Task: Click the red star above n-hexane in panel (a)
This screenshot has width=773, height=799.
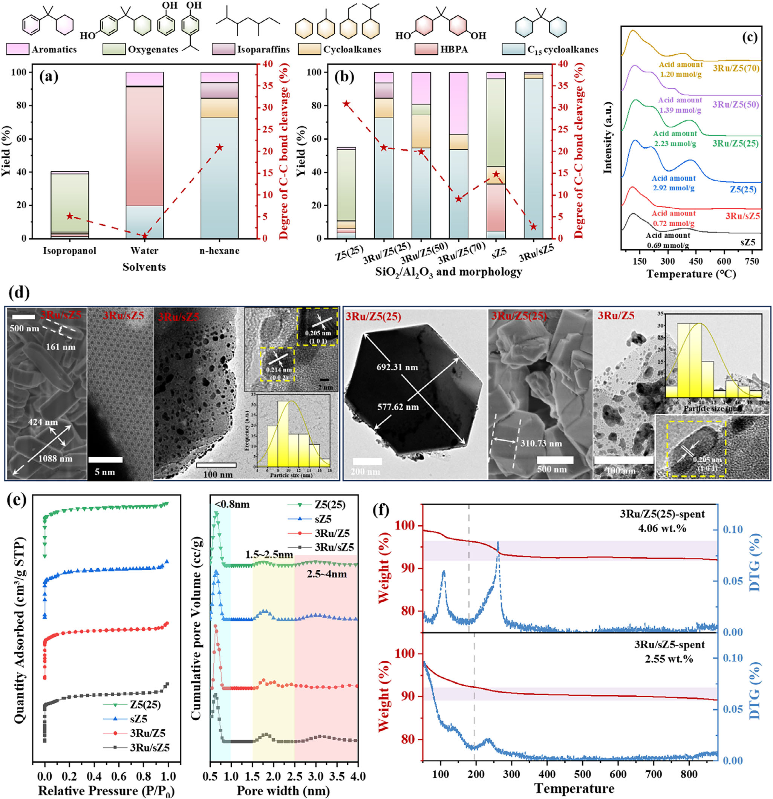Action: (220, 147)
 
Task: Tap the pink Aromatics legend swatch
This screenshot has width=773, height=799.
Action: (18, 49)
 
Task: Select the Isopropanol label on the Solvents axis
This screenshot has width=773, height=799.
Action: (70, 250)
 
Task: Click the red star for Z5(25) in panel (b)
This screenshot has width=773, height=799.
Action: (346, 104)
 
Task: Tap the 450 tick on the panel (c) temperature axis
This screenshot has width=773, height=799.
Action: (695, 261)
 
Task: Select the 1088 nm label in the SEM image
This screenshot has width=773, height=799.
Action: (55, 459)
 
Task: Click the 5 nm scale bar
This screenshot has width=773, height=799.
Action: (106, 460)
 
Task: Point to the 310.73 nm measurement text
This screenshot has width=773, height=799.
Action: (541, 444)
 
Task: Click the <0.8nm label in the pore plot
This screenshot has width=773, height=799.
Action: (232, 505)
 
